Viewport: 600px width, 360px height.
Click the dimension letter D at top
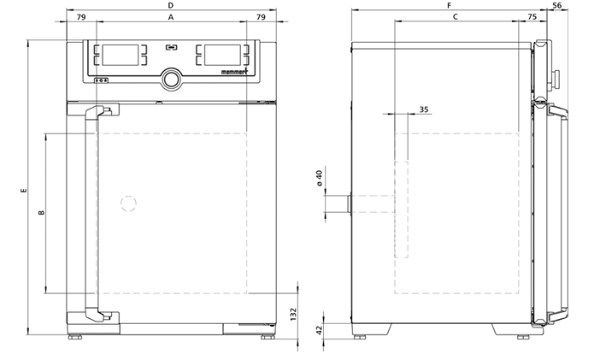[x=171, y=5]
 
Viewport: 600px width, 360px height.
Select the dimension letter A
[x=171, y=17]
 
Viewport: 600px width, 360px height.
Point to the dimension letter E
[x=24, y=190]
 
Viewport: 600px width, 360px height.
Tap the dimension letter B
[x=42, y=213]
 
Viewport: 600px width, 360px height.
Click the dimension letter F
[x=450, y=5]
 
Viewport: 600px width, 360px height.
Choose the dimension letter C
[x=456, y=17]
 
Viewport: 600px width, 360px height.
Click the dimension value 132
[x=293, y=314]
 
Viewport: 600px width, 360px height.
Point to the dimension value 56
[x=557, y=5]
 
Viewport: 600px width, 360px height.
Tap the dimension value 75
[x=532, y=17]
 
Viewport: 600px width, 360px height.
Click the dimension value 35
[x=424, y=109]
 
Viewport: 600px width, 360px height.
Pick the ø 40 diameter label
[x=320, y=178]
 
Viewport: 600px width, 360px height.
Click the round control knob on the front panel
[x=172, y=80]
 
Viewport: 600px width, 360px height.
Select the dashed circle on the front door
[x=128, y=204]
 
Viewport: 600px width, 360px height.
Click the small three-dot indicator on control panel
[x=102, y=80]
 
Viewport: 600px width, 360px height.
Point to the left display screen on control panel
[x=121, y=55]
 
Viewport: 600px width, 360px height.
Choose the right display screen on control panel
[x=222, y=55]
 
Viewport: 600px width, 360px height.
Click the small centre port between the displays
[x=172, y=48]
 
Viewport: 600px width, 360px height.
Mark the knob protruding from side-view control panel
[x=556, y=78]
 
